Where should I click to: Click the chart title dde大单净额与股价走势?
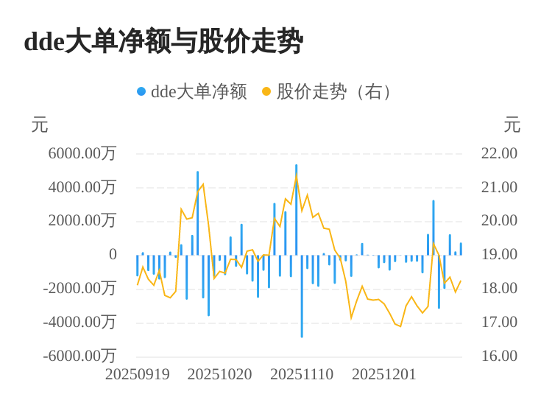click(163, 41)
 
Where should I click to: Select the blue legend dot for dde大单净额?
click(141, 91)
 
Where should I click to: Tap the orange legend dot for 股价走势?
click(266, 91)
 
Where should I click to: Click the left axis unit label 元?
click(40, 125)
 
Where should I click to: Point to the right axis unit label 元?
click(512, 125)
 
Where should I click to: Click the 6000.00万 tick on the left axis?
click(82, 153)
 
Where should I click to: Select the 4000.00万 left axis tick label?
click(82, 187)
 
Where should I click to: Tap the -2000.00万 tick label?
click(79, 288)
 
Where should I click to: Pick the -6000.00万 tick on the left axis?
click(79, 356)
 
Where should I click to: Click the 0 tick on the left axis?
click(113, 255)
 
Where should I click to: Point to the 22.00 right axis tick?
click(499, 153)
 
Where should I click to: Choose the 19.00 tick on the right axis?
click(499, 255)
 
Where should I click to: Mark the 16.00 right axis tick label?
click(499, 356)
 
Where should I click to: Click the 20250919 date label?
click(138, 374)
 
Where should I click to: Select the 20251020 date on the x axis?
click(219, 374)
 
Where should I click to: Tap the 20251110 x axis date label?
click(302, 374)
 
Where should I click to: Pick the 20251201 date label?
click(384, 374)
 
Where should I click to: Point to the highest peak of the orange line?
click(297, 174)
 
